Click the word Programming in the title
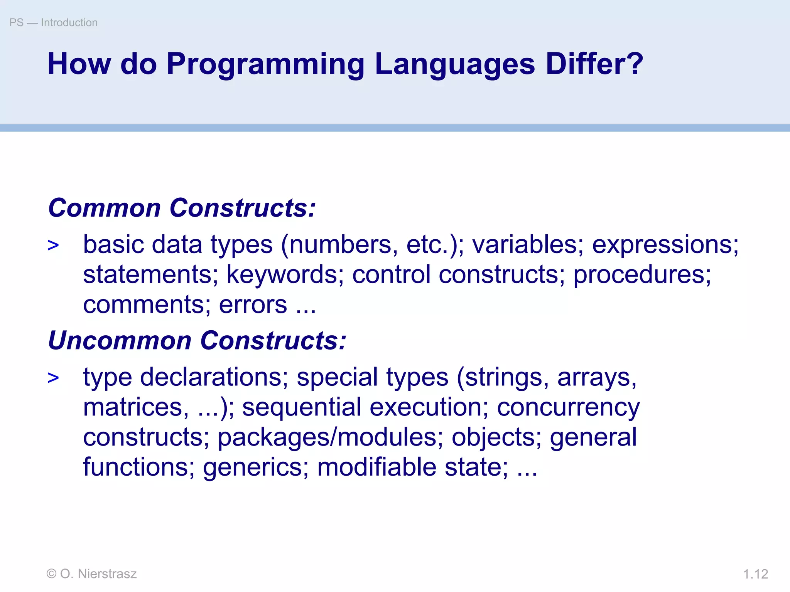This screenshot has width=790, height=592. tap(265, 64)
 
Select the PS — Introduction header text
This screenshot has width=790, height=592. tap(54, 23)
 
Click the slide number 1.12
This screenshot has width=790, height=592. tap(755, 574)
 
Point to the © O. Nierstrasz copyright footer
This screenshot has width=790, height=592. tap(91, 574)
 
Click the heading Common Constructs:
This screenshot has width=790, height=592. tap(182, 208)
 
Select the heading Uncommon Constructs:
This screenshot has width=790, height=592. tap(197, 341)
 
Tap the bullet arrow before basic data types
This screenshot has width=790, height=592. tap(53, 246)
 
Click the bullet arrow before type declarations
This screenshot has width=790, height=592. tap(53, 378)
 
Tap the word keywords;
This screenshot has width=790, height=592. tap(285, 274)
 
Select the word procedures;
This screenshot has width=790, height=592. tap(642, 275)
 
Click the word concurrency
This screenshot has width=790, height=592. tap(568, 408)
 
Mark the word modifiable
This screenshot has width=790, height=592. tap(376, 467)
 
